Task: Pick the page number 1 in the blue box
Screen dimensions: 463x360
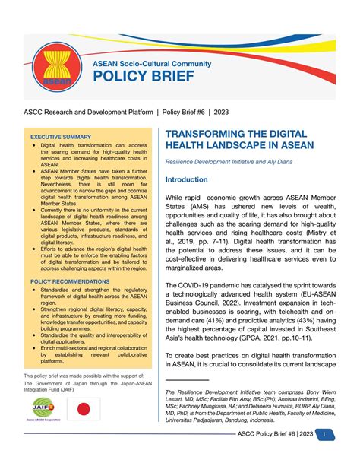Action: pos(324,435)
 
